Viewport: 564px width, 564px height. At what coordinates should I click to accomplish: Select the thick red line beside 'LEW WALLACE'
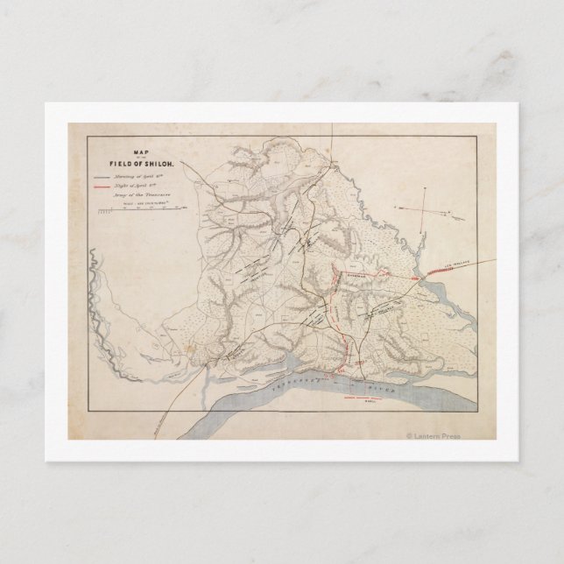pyautogui.click(x=435, y=270)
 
